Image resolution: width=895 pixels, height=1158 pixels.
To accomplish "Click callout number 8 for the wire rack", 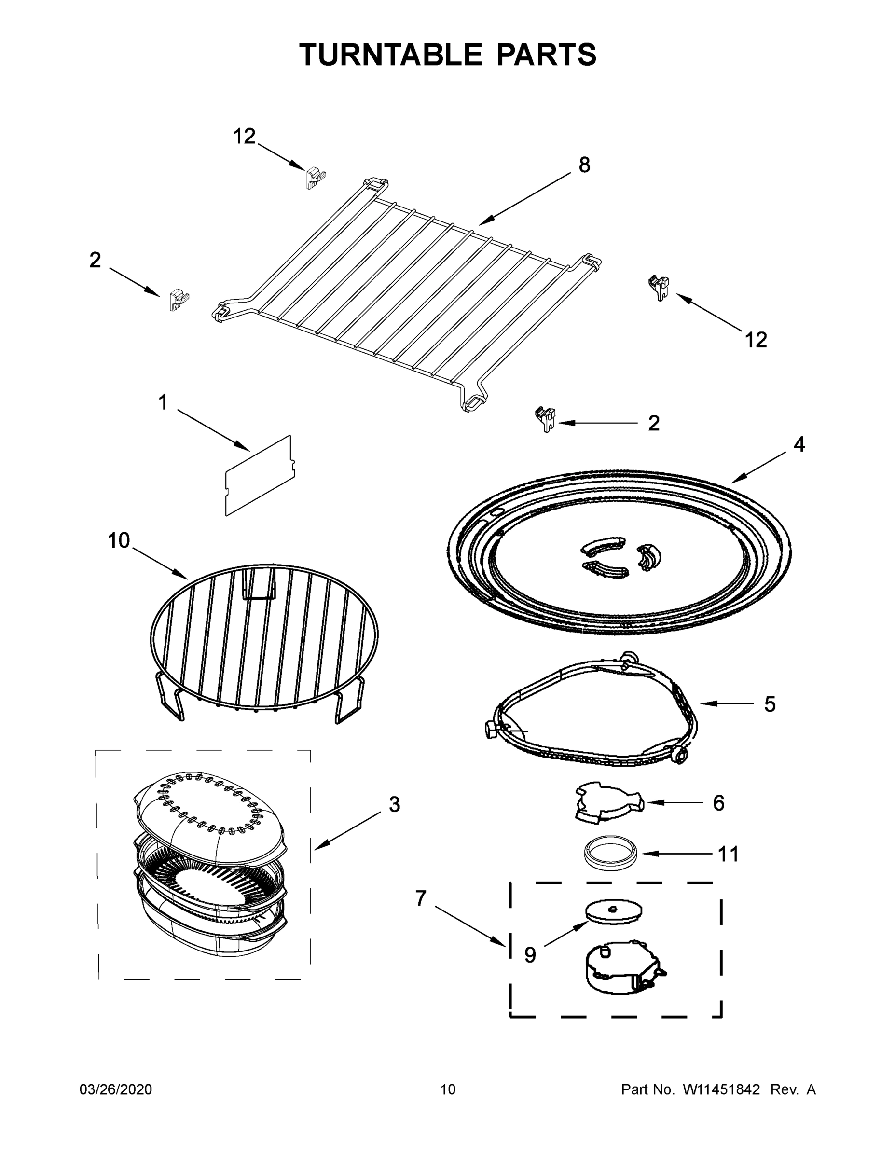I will pyautogui.click(x=584, y=165).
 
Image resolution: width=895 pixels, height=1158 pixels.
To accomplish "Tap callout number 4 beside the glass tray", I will pyautogui.click(x=799, y=444).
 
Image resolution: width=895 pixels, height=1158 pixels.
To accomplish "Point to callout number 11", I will pyautogui.click(x=728, y=854).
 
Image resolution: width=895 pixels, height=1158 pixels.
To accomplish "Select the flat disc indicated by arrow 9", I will pyautogui.click(x=614, y=910).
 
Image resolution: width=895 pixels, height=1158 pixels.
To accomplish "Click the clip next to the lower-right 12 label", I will pyautogui.click(x=659, y=287).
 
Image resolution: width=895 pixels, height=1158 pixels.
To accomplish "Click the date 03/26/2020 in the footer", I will pyautogui.click(x=116, y=1089).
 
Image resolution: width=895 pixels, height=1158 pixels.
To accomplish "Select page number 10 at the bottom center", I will pyautogui.click(x=448, y=1089).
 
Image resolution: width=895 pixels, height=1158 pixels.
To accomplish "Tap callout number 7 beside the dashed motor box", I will pyautogui.click(x=420, y=898).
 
